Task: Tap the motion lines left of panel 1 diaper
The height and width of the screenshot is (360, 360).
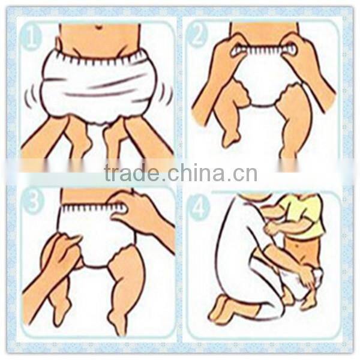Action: [29, 95]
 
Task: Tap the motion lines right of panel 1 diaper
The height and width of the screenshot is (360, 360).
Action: [165, 93]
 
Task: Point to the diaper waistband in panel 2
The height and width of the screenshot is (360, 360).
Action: [264, 51]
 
